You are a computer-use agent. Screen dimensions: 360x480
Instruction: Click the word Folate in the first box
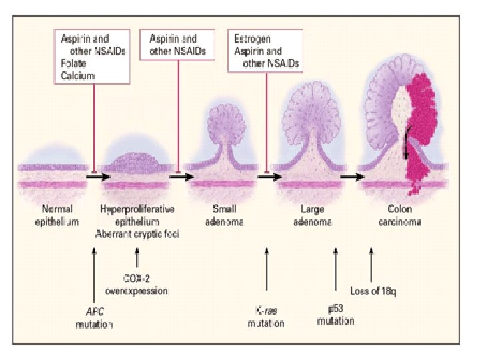pos(74,64)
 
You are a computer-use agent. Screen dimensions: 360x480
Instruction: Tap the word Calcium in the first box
pos(77,76)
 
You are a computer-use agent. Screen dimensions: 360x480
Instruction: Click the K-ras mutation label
pos(266,318)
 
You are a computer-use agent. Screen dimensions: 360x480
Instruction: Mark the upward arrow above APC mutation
pos(95,273)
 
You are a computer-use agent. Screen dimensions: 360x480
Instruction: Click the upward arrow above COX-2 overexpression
pos(137,257)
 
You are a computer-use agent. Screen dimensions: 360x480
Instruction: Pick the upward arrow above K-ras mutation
pos(267,273)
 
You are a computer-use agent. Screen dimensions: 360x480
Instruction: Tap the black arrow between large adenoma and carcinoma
pos(352,178)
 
